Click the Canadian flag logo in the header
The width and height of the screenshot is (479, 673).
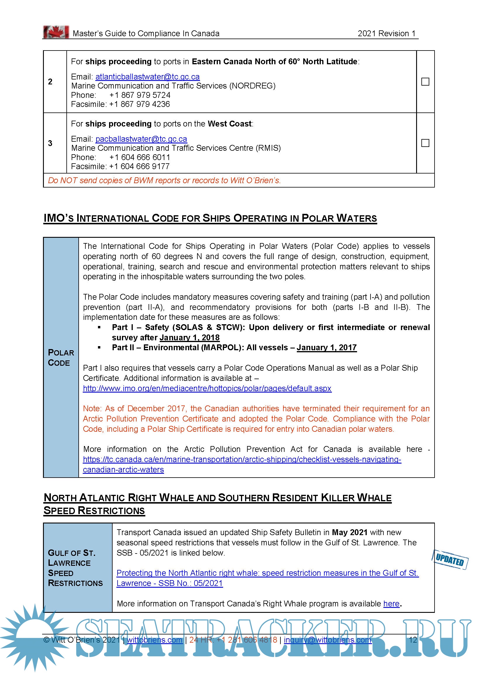tap(56, 32)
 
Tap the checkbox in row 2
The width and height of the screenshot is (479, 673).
tap(425, 81)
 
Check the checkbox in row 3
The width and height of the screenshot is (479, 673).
tap(425, 143)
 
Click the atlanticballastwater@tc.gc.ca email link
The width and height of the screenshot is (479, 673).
tap(147, 77)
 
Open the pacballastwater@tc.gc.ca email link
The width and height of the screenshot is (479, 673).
tap(141, 139)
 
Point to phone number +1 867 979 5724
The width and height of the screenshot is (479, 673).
tap(140, 95)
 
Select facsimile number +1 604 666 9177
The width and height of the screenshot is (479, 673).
tap(139, 166)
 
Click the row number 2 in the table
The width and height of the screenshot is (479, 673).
tap(50, 81)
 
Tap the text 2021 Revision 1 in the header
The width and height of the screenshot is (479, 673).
tap(386, 34)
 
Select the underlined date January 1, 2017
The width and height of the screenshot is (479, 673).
tap(327, 348)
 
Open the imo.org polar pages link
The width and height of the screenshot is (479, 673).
tap(207, 388)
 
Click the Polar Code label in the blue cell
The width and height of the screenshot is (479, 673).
tap(61, 358)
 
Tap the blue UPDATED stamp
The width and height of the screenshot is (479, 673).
tap(450, 560)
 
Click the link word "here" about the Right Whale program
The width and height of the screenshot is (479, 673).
tap(391, 604)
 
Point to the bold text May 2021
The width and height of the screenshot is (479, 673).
tap(349, 532)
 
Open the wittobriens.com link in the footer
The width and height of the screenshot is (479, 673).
tap(155, 640)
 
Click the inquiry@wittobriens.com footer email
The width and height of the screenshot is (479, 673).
tap(328, 640)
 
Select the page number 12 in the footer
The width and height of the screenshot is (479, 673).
tap(413, 640)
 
